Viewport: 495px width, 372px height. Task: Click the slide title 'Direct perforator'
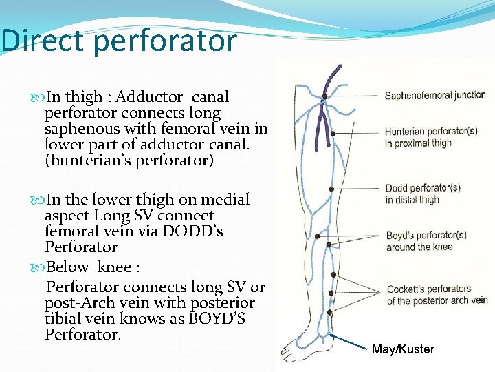pyautogui.click(x=118, y=41)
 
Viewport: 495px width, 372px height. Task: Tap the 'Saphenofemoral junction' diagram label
pyautogui.click(x=435, y=95)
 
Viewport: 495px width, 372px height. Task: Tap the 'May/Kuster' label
pyautogui.click(x=403, y=349)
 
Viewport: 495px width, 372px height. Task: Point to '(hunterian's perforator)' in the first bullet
pyautogui.click(x=129, y=161)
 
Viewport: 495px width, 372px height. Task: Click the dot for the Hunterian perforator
pyautogui.click(x=333, y=133)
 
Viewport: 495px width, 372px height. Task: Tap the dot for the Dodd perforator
pyautogui.click(x=331, y=188)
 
